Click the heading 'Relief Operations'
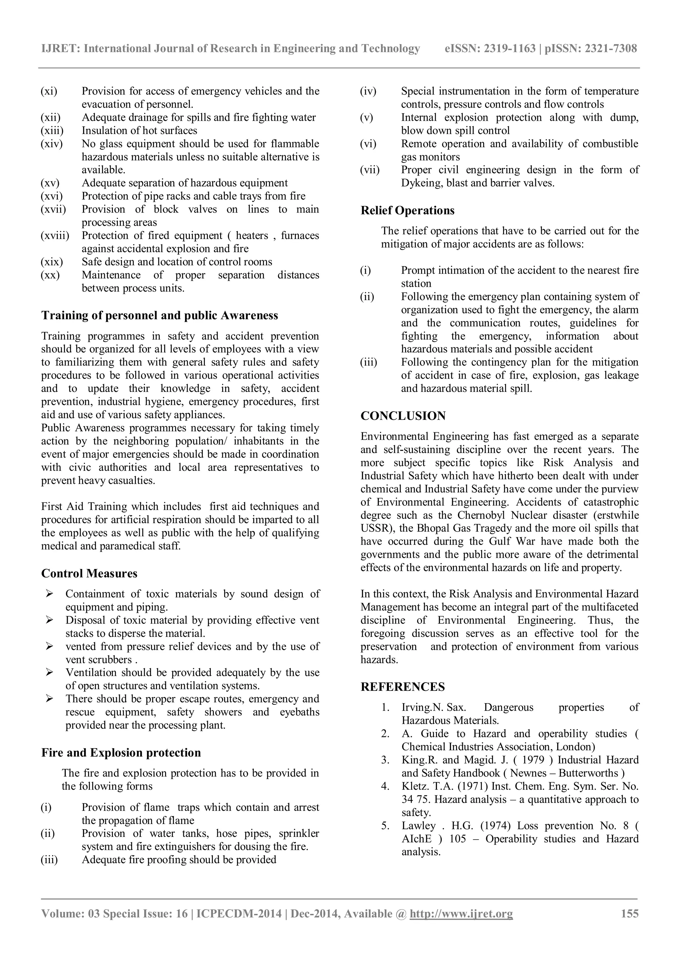(407, 210)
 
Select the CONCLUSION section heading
(403, 416)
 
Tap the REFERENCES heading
(402, 687)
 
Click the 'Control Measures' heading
(89, 573)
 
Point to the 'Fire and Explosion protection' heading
(121, 753)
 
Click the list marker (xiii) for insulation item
(52, 131)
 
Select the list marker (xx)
(50, 275)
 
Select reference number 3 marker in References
(385, 760)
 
